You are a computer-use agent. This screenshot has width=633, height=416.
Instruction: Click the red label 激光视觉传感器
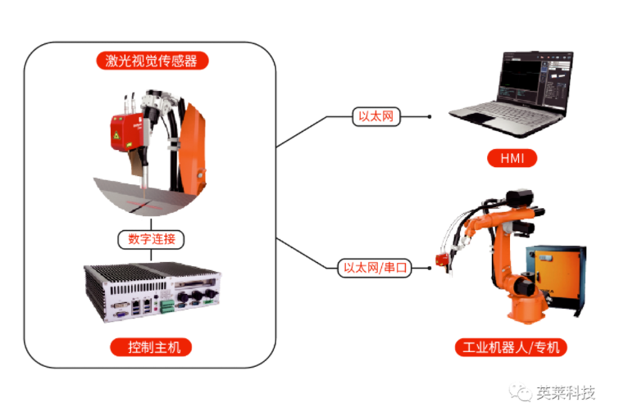tap(152, 60)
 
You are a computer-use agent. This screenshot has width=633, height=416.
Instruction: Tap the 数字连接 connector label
tap(152, 239)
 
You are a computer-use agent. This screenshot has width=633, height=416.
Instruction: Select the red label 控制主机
tap(152, 347)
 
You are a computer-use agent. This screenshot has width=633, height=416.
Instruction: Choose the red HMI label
tap(512, 157)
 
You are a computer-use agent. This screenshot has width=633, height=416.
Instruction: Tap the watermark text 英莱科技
tap(566, 392)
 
